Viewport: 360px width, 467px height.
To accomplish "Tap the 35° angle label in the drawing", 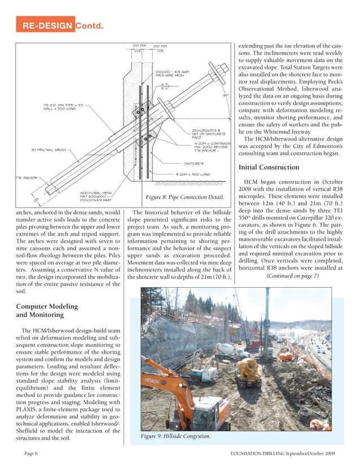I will click(x=226, y=96).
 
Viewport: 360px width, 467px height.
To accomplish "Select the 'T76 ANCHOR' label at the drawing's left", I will click(x=25, y=177).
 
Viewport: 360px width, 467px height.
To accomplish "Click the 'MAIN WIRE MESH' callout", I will click(x=169, y=75).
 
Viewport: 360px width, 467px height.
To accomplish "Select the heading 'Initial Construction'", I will click(x=269, y=168).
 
